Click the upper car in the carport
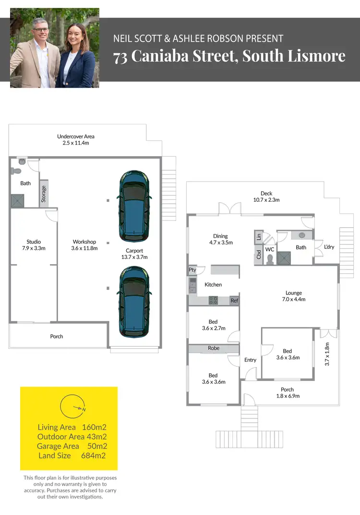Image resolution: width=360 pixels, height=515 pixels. [134, 206]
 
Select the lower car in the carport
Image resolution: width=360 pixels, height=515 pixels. [134, 301]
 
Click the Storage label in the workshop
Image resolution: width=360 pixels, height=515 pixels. [44, 194]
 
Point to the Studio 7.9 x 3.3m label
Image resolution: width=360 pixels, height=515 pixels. [34, 245]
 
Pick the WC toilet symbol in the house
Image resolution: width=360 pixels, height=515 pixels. [270, 259]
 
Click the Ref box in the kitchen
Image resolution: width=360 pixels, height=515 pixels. [234, 301]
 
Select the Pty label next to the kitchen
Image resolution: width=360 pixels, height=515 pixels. [192, 270]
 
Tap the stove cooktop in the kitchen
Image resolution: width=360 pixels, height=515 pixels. [213, 300]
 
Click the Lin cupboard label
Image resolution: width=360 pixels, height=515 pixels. [259, 237]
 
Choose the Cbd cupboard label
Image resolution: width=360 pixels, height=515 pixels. [259, 255]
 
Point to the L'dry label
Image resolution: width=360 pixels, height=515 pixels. [329, 247]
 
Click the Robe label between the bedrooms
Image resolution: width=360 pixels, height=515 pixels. [214, 348]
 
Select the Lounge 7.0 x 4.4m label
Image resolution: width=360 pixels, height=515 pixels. [294, 296]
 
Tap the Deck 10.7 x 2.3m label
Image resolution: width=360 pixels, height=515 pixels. [266, 196]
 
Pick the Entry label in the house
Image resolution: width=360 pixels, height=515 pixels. [250, 360]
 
